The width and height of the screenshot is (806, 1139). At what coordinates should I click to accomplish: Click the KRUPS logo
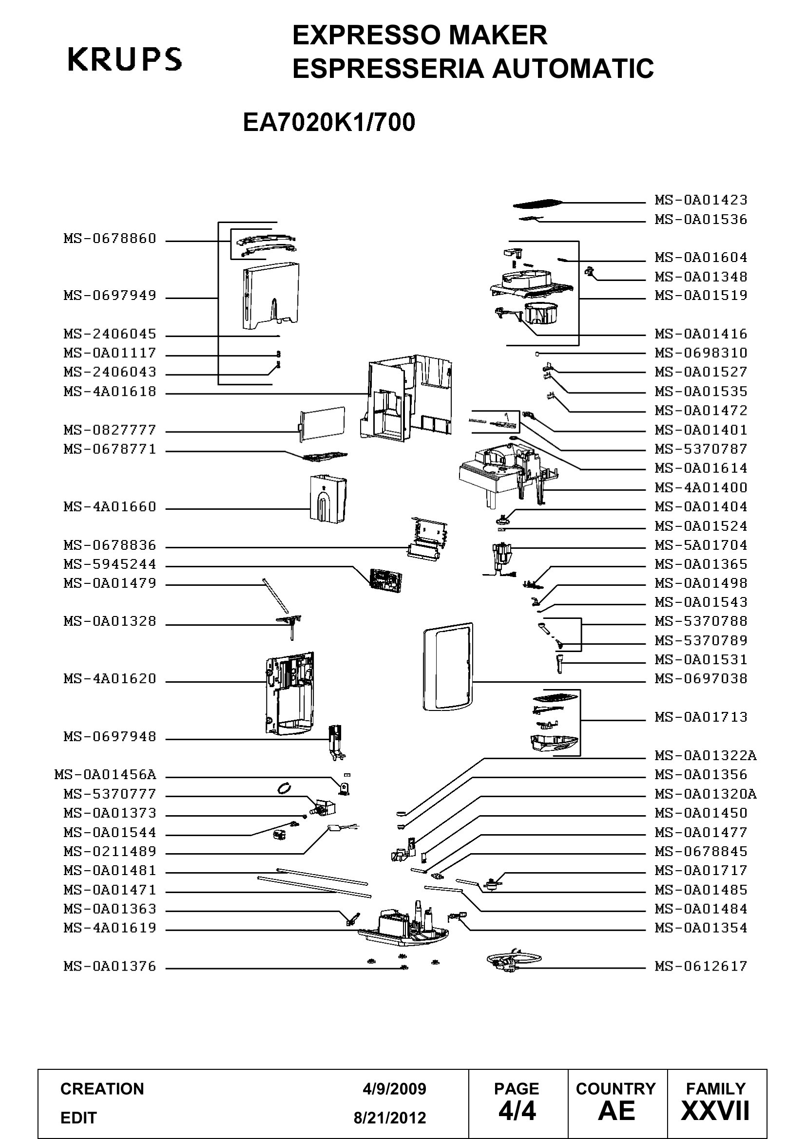(125, 59)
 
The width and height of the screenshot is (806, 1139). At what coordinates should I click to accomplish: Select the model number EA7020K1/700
(328, 123)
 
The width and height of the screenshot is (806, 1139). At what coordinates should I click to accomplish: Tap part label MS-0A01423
(700, 200)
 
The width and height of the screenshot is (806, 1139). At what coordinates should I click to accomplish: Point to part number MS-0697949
(110, 296)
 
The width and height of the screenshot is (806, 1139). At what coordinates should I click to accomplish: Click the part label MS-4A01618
(110, 392)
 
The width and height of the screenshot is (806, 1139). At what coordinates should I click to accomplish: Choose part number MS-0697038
(700, 679)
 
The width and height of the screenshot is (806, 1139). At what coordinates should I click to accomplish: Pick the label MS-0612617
(700, 966)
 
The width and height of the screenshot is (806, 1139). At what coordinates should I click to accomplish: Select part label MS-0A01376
(110, 966)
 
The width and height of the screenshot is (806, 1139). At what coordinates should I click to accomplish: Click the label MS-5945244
(110, 564)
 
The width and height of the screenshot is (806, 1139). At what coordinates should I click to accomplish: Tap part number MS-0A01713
(700, 717)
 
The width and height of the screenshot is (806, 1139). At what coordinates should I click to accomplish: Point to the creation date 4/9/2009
(394, 1089)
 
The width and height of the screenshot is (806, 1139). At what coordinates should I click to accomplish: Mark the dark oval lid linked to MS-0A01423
(537, 204)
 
